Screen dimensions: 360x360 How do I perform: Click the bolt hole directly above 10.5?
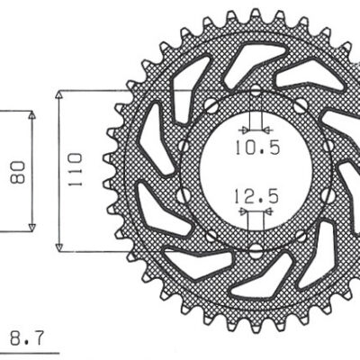(x=255, y=92)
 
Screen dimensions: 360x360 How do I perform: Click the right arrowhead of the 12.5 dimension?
(x=268, y=212)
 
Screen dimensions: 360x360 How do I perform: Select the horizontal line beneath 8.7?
(x=27, y=350)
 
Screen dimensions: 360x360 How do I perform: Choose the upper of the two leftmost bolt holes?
(x=184, y=146)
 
